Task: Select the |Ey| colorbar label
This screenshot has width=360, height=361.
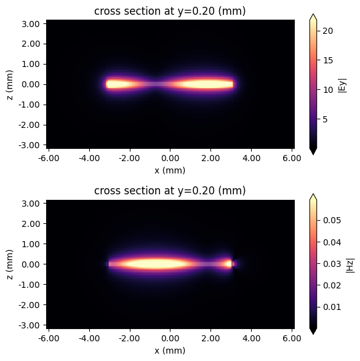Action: click(343, 84)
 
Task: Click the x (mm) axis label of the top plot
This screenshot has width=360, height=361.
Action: click(170, 170)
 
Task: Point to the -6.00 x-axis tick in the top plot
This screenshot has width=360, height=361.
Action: click(49, 158)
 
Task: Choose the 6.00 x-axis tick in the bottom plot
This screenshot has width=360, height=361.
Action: click(292, 338)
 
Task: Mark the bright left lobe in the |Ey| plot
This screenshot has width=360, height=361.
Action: click(120, 84)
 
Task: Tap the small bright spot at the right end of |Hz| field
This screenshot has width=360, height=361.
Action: click(231, 264)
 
